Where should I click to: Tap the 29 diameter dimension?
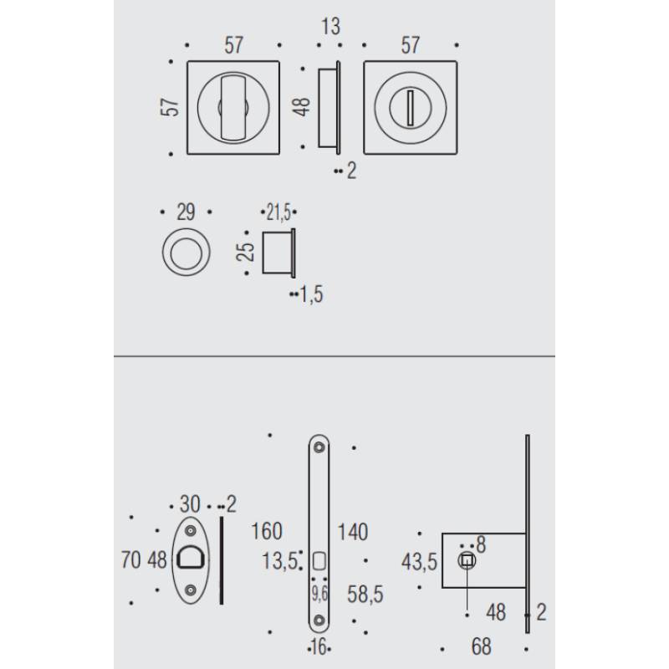[x=185, y=212]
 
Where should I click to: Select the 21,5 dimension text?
[x=279, y=210]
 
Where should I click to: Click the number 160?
[x=267, y=531]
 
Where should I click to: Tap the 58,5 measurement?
[x=365, y=595]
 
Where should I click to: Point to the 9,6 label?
[x=319, y=595]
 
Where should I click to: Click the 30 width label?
[x=190, y=504]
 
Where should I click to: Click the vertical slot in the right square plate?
[x=410, y=107]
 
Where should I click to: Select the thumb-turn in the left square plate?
[x=233, y=106]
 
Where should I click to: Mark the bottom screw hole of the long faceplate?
[x=319, y=620]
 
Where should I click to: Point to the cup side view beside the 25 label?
[x=279, y=251]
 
